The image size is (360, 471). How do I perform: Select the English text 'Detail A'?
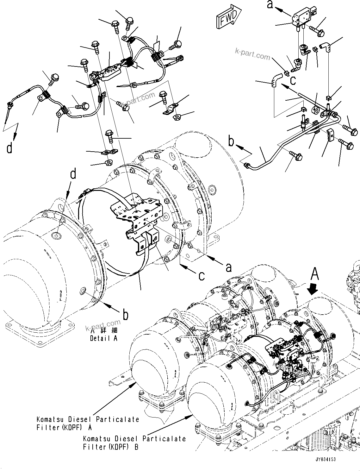click(104, 338)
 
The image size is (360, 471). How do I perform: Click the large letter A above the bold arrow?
click(314, 274)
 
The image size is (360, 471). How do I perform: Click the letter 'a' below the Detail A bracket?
click(228, 267)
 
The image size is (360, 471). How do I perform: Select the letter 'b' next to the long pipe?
click(232, 141)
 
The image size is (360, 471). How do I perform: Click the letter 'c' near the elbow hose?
click(293, 80)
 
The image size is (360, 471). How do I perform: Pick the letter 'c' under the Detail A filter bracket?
click(202, 276)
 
